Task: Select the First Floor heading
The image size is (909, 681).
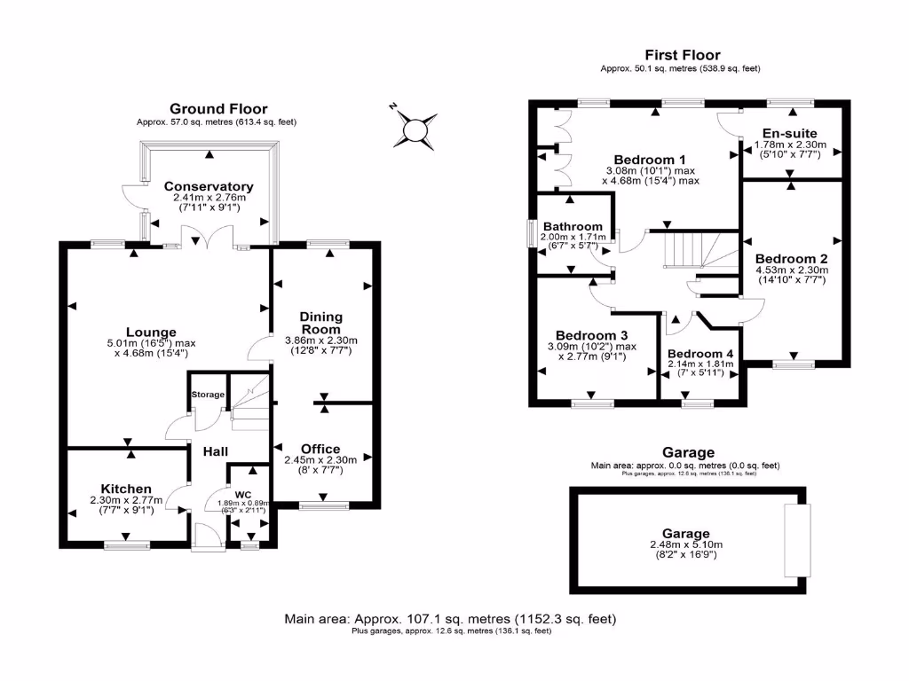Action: (x=682, y=55)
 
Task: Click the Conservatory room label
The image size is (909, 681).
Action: (x=209, y=186)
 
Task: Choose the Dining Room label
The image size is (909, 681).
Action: (x=320, y=323)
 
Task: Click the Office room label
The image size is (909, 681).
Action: (x=320, y=449)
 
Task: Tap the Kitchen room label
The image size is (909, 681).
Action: (x=126, y=489)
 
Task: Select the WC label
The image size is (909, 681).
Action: (x=242, y=494)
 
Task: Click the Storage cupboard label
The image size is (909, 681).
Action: (x=209, y=395)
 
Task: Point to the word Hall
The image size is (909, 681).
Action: (x=216, y=451)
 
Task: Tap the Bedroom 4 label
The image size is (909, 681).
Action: (x=700, y=352)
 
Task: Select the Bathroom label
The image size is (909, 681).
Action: (x=573, y=226)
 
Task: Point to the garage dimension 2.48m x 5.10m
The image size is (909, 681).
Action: (x=688, y=544)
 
